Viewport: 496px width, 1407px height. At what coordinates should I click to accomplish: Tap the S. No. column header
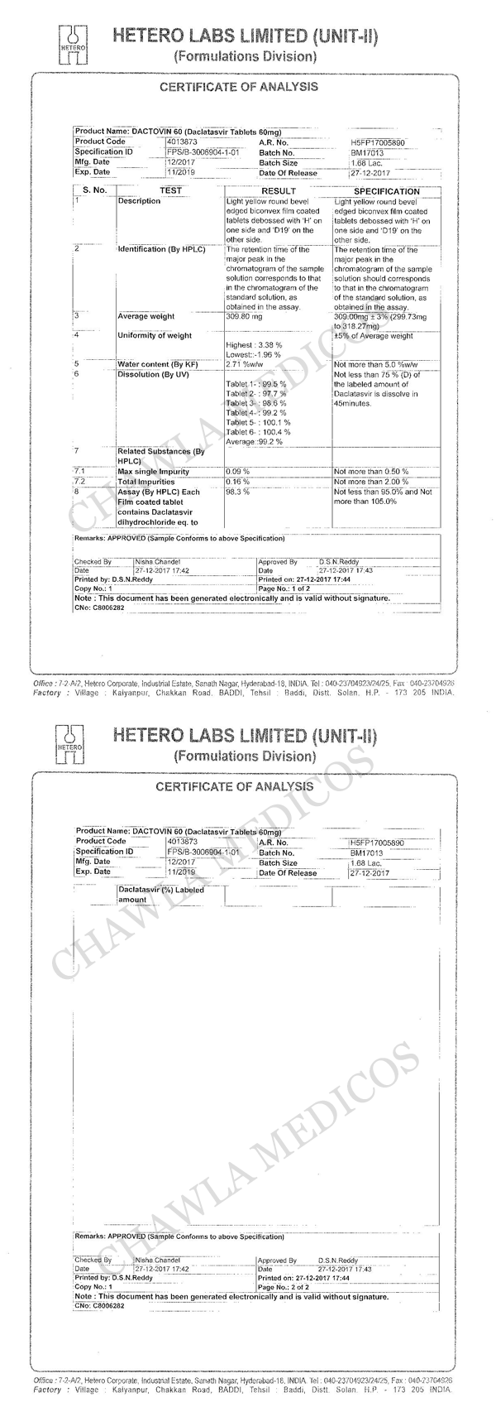click(94, 191)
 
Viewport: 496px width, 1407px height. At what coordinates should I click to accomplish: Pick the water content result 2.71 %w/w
click(246, 364)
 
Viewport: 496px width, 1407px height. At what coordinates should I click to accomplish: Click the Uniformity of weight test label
click(155, 335)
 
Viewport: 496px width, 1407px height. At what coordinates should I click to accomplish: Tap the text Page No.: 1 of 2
click(284, 588)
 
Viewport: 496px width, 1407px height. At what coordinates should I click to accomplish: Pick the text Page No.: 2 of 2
click(284, 1288)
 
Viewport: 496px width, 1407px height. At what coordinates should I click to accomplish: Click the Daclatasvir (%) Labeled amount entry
click(160, 895)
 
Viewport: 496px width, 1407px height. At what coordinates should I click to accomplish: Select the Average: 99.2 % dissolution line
click(254, 442)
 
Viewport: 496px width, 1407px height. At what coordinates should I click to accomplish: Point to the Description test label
click(139, 201)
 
